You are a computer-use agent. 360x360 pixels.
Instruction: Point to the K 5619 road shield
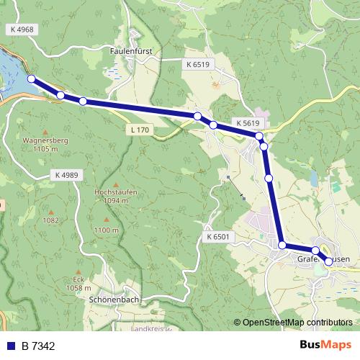[246, 123]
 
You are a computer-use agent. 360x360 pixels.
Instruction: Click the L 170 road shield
[140, 130]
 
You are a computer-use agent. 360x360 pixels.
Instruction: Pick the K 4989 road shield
[66, 175]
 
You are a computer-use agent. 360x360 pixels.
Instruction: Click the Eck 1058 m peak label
[78, 284]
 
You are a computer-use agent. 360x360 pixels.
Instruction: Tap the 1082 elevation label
[50, 221]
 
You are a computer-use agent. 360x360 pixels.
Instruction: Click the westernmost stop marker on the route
[31, 79]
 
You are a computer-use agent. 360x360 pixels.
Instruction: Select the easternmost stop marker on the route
[329, 261]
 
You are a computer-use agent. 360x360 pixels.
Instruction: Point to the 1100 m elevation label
[106, 230]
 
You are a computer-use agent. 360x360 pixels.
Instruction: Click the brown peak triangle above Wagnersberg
[45, 132]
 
